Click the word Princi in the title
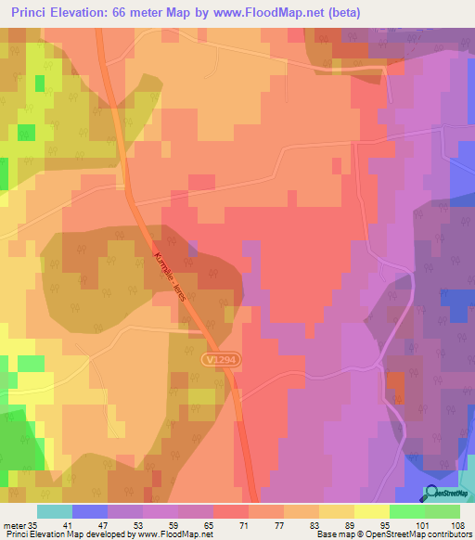pos(34,13)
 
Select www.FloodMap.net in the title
pos(277,13)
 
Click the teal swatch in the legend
pos(55,511)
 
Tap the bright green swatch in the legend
pos(407,511)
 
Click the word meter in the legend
pos(16,526)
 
